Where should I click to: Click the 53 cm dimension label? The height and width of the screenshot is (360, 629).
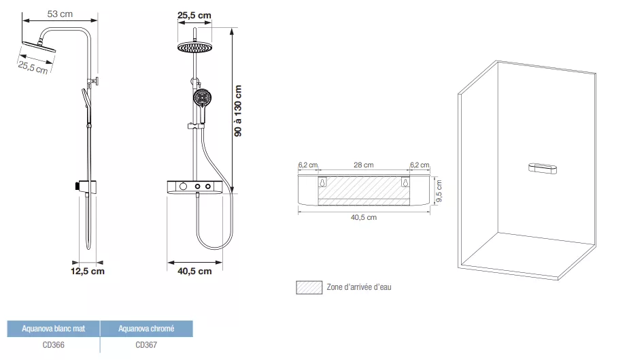[x=60, y=14]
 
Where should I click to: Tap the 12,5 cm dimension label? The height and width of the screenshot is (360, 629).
[x=88, y=272]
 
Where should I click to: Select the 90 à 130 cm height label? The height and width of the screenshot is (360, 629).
[x=238, y=111]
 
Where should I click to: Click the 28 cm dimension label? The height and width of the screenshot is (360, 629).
[x=363, y=165]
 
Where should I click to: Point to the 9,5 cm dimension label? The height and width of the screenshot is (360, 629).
[x=439, y=191]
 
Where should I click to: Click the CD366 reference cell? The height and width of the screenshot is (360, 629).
[x=53, y=345]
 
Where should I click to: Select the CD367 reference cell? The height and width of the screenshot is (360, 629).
[x=146, y=345]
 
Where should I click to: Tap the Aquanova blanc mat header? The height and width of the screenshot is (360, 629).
[x=53, y=329]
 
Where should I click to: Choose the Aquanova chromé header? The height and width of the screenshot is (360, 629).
[x=146, y=329]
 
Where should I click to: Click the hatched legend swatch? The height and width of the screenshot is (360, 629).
[x=309, y=287]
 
